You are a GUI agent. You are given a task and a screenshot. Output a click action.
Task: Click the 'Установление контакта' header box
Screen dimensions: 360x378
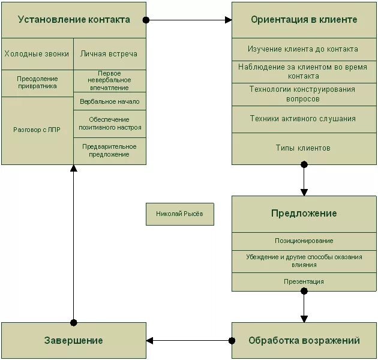pos(74,20)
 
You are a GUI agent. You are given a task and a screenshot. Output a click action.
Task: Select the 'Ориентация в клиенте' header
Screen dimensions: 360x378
pos(304,20)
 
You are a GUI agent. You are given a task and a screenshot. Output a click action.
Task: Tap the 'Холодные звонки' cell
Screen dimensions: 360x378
pos(37,54)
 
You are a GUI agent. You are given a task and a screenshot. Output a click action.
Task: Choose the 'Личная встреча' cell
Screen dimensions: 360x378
pos(109,54)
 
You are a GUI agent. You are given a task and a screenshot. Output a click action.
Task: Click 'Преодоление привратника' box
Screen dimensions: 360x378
pos(37,83)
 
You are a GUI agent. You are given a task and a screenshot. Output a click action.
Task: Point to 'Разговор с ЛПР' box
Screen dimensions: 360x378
pos(37,130)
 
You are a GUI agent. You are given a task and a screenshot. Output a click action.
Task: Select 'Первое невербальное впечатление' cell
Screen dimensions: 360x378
pos(109,80)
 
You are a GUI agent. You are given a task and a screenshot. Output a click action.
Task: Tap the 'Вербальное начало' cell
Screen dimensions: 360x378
pos(109,101)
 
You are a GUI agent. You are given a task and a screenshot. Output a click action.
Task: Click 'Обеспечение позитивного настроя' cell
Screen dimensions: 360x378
pos(109,124)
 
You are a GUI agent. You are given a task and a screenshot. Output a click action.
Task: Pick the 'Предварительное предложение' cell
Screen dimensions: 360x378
pos(109,151)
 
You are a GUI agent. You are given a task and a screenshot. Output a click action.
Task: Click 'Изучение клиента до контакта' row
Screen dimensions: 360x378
pos(304,49)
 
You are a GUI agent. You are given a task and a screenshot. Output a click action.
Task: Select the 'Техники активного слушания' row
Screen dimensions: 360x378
pos(304,119)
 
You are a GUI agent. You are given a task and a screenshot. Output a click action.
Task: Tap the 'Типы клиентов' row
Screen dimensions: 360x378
pos(304,148)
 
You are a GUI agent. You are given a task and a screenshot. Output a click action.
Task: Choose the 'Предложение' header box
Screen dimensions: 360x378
pos(304,214)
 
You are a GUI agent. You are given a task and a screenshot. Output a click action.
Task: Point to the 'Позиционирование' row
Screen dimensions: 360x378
pos(304,241)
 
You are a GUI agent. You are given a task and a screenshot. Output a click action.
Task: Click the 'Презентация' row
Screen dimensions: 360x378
pos(304,281)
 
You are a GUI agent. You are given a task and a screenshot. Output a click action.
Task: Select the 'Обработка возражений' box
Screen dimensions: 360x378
pos(304,340)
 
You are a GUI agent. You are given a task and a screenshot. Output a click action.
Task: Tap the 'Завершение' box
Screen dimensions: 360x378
pos(74,340)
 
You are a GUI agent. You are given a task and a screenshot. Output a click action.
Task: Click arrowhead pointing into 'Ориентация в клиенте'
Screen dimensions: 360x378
pos(229,20)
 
